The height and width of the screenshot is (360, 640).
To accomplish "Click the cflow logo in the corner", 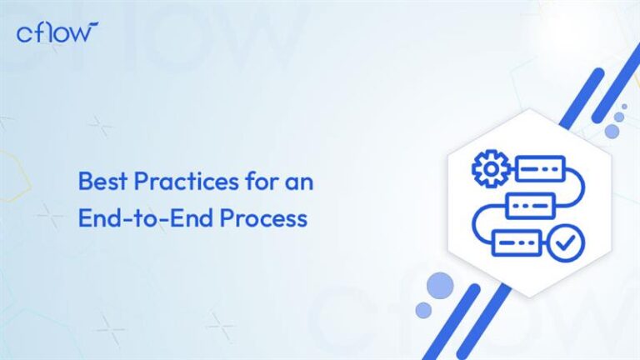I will pos(57,32).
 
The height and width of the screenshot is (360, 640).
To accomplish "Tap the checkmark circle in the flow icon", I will pos(569,242).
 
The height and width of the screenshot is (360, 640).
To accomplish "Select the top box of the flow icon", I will pos(539,168).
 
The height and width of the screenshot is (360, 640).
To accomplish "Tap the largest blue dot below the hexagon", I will pos(439,287).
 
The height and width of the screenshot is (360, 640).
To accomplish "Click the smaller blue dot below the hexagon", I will pos(424,310).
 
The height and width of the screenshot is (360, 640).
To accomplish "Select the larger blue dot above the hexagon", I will pos(612,131).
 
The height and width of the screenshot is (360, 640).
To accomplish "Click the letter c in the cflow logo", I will pos(24,33).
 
